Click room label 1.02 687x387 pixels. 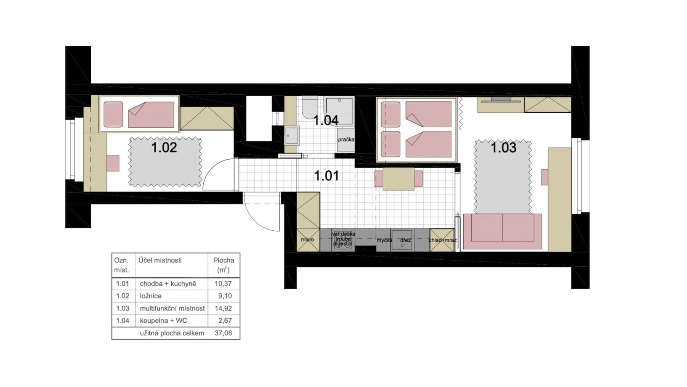click(x=164, y=147)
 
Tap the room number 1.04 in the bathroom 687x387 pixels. click(x=326, y=120)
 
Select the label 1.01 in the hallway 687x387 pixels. click(x=326, y=176)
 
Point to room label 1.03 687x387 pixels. click(x=503, y=147)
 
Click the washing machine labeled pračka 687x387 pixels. click(x=346, y=140)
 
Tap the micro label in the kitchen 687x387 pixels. click(x=307, y=240)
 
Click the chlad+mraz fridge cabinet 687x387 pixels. click(x=442, y=240)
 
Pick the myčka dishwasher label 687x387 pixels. click(x=384, y=240)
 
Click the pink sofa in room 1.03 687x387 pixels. click(x=503, y=228)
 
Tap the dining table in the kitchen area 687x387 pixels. click(x=398, y=179)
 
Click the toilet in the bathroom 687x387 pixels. click(x=310, y=107)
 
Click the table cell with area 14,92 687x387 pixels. click(x=223, y=308)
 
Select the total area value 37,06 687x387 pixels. click(x=223, y=333)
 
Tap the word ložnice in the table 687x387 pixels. click(x=150, y=296)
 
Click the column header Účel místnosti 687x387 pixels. click(x=160, y=261)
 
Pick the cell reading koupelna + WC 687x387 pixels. click(x=163, y=321)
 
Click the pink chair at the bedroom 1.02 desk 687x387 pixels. click(x=113, y=163)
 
